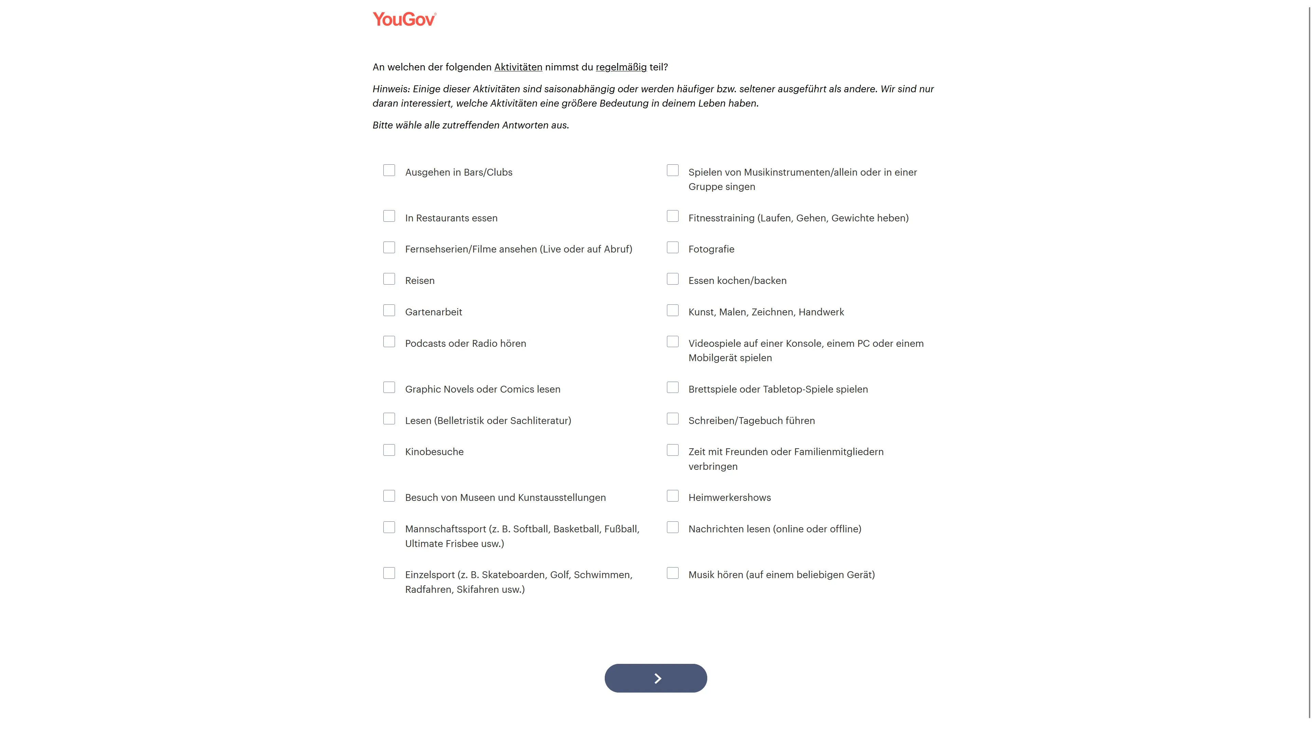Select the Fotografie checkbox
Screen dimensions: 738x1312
pos(672,247)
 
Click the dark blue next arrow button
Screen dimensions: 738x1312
pos(656,678)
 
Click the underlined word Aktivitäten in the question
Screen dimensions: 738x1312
pos(518,67)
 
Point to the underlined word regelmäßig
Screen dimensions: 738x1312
pos(621,67)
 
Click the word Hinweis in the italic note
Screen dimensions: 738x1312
pos(391,89)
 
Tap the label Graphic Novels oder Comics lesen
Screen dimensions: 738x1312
pos(482,389)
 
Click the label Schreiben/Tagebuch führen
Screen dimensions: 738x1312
pos(751,421)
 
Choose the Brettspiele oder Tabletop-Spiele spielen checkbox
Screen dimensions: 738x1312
pos(672,387)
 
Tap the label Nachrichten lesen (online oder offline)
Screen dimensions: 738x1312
pos(775,529)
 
